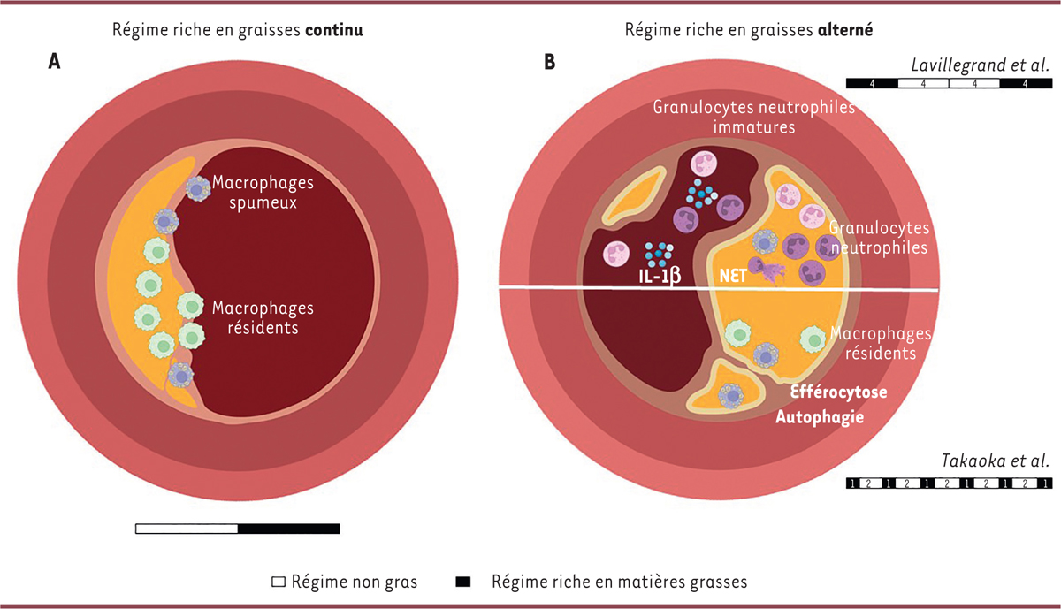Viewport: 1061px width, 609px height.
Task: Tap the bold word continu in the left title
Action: (335, 29)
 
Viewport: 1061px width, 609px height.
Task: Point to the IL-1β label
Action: (660, 277)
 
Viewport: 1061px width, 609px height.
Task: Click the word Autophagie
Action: (820, 416)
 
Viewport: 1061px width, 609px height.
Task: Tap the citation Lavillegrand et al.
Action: (980, 65)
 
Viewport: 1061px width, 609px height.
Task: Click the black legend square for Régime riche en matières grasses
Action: (462, 582)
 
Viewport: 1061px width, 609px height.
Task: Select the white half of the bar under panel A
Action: (187, 529)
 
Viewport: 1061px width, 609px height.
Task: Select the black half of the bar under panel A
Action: (289, 529)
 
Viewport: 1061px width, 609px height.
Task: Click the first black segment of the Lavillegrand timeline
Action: (872, 83)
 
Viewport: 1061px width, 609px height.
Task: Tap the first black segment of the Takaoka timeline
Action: (852, 483)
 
